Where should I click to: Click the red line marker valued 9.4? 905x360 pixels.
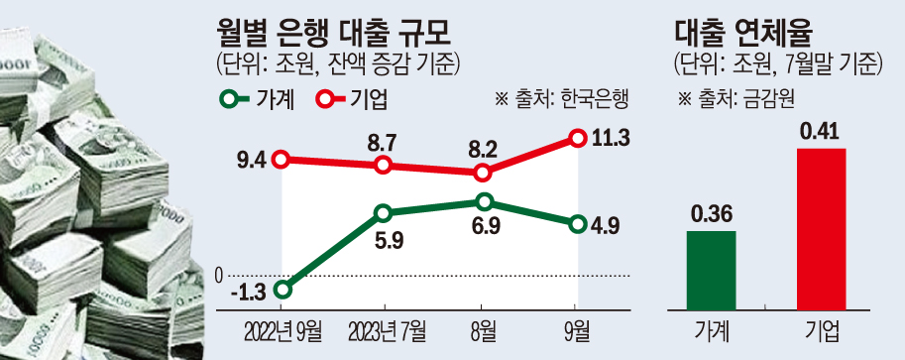tap(283, 159)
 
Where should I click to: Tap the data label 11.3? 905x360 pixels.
tap(611, 139)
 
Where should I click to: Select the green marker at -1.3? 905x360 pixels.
tap(283, 290)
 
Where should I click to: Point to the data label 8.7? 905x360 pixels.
tap(383, 141)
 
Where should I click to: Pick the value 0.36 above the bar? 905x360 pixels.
tap(712, 212)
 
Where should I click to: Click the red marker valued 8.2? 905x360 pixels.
tap(483, 173)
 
